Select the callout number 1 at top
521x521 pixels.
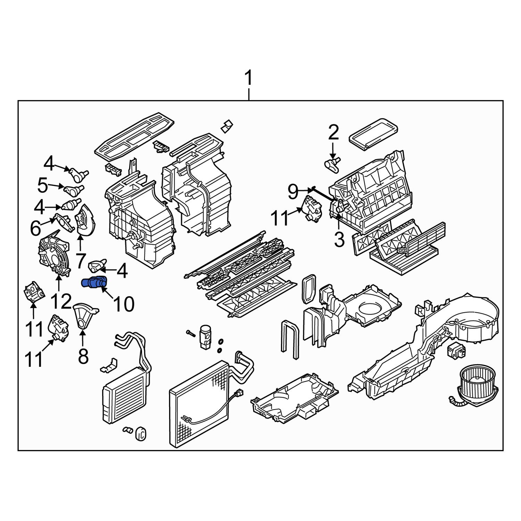click(249, 79)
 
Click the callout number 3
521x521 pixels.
click(339, 239)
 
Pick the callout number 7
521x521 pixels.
click(80, 261)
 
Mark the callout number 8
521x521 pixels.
click(83, 356)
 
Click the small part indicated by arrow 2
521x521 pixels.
click(332, 164)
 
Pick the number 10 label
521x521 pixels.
click(124, 304)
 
